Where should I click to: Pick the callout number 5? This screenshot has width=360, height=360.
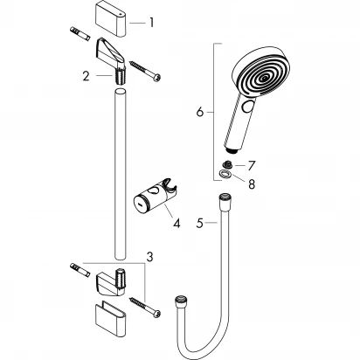tap(200, 224)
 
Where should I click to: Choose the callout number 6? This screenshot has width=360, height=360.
tap(199, 113)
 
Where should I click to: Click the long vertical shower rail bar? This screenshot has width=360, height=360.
tap(117, 175)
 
